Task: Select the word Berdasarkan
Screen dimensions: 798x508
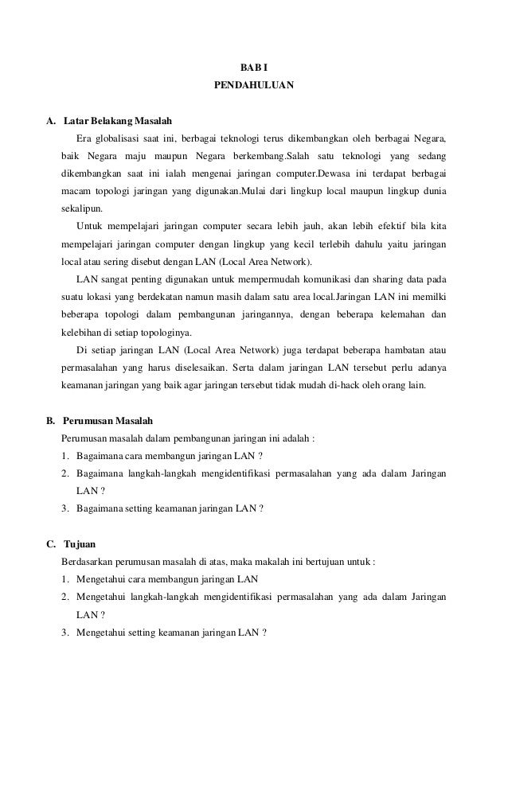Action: (88, 562)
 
